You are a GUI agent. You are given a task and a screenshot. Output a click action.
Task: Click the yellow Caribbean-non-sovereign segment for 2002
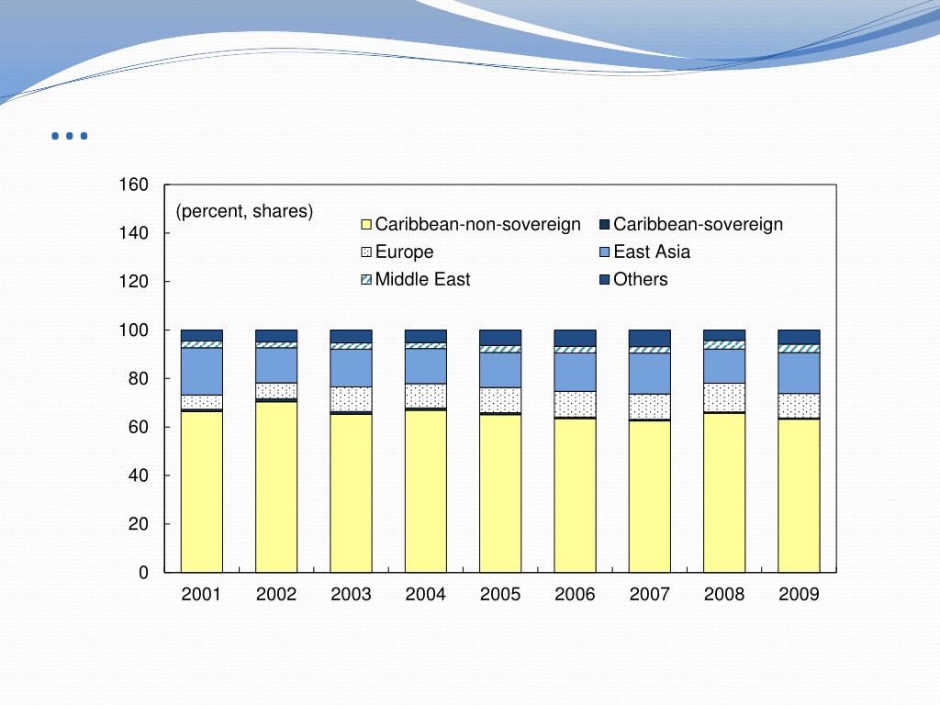[x=276, y=487]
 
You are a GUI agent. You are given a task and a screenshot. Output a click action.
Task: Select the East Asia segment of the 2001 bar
[x=201, y=371]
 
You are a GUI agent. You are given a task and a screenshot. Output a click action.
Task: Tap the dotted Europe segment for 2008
[x=724, y=397]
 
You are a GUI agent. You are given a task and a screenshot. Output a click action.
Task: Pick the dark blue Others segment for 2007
[x=649, y=338]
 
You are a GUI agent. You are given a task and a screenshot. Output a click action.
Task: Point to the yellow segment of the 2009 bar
[x=799, y=496]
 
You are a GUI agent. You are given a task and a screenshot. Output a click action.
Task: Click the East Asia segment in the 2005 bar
[x=500, y=370]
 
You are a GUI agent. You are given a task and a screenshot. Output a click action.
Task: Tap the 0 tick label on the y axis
[x=143, y=573]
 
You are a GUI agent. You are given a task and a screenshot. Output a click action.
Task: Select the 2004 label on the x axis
[x=425, y=595]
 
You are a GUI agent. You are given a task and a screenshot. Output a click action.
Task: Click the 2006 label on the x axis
[x=575, y=595]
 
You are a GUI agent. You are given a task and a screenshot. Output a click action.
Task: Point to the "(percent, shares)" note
[x=245, y=211]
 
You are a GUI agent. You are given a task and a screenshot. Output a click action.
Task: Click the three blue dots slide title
[x=70, y=137]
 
